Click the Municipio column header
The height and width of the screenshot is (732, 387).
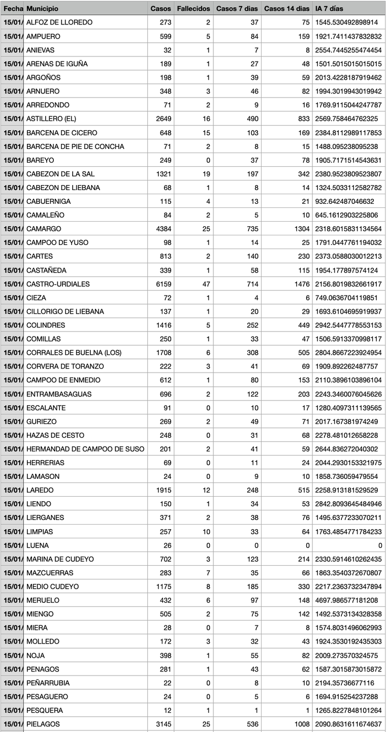(42, 9)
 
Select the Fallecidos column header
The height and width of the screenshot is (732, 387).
(193, 9)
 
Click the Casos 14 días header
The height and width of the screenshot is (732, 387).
(286, 9)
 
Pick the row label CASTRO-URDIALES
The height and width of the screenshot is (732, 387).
(57, 284)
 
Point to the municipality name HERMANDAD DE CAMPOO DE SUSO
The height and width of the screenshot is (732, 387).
(85, 449)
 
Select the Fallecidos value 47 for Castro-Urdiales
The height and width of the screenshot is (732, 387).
(206, 284)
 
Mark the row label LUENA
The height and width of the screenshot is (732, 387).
(38, 545)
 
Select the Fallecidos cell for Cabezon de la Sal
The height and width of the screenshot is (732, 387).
(206, 174)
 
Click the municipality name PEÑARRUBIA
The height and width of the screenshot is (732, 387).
(48, 683)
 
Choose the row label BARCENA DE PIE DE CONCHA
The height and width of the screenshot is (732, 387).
(75, 146)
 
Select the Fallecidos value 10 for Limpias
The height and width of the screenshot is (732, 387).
(206, 532)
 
